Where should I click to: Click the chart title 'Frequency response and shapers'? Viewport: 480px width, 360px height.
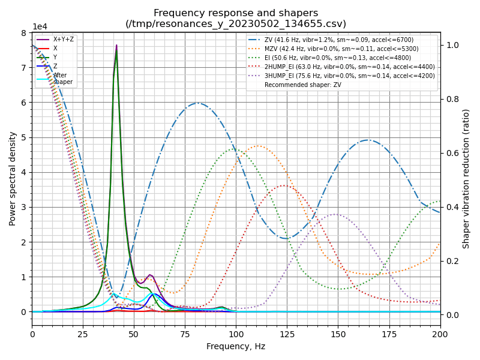[236, 13]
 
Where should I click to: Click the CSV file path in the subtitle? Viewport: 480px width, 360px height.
[236, 24]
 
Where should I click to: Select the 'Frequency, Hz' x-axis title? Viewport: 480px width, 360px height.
[236, 346]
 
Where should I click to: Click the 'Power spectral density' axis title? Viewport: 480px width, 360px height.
[13, 178]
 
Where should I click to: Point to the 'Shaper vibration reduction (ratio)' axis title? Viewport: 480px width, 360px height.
[466, 178]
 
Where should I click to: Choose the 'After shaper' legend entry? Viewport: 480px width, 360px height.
[62, 79]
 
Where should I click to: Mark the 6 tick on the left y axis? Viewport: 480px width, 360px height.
[24, 103]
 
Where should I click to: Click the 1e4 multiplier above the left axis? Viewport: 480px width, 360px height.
[40, 27]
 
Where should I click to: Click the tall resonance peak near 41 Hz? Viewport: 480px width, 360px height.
[116, 46]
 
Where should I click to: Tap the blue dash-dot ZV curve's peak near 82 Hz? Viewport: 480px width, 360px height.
[199, 103]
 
